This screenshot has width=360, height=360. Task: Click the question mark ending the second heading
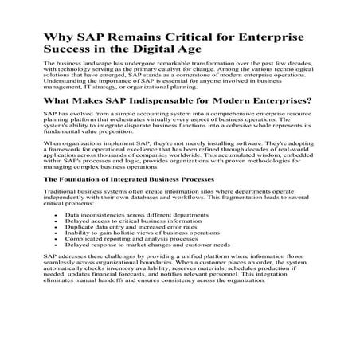(x=308, y=101)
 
